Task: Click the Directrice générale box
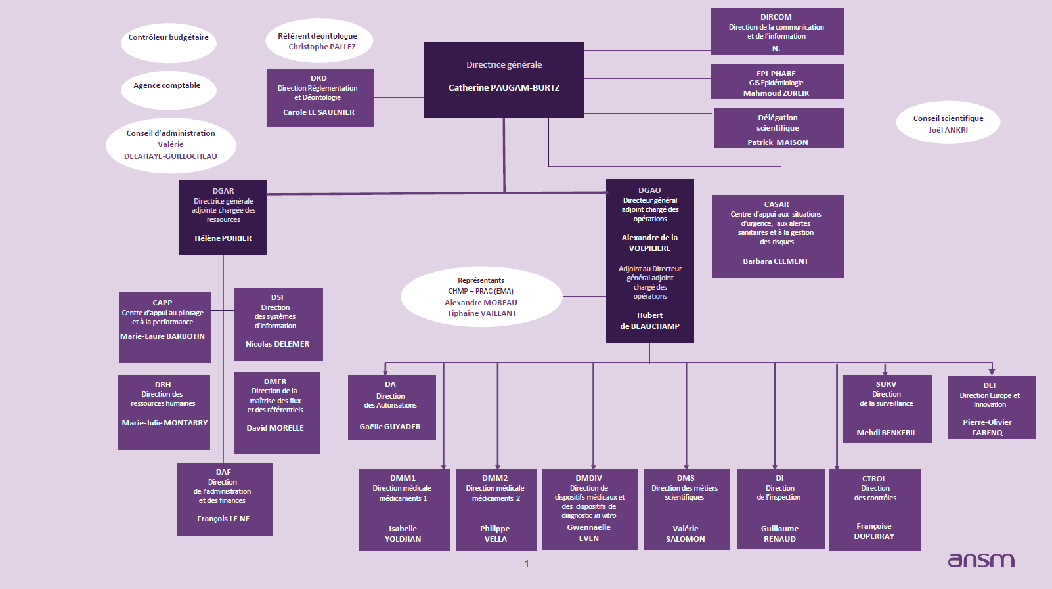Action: pos(504,80)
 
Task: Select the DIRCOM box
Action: pos(777,31)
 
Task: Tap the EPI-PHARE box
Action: pos(777,82)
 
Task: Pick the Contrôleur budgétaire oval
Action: pos(169,41)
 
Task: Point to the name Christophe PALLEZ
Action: pos(322,47)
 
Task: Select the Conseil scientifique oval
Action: pos(948,123)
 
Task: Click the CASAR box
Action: pos(778,236)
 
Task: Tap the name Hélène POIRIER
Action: pos(223,238)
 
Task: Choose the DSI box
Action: pos(278,324)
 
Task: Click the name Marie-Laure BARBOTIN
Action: pos(163,336)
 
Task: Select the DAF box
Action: pos(225,499)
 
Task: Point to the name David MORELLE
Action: pos(275,428)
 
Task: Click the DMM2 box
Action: pos(496,509)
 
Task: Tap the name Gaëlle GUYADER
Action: pos(390,427)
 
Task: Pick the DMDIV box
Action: pos(589,509)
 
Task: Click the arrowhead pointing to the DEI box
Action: pos(992,372)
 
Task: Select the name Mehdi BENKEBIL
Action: pos(886,433)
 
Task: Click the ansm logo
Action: pos(980,559)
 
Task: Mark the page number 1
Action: pos(527,563)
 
